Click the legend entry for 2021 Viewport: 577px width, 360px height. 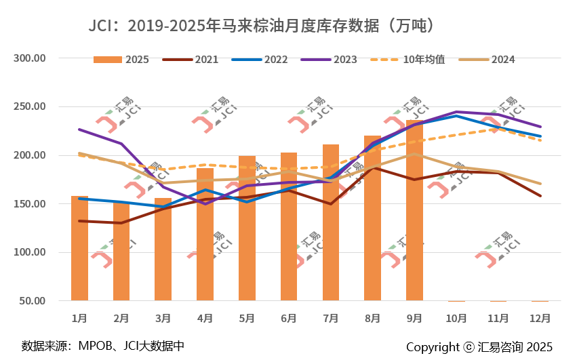click(x=192, y=60)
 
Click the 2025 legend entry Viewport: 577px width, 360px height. click(x=122, y=60)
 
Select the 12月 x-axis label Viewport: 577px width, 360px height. click(x=540, y=317)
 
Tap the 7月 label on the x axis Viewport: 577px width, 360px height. click(x=331, y=317)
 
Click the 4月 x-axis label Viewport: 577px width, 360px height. click(x=205, y=317)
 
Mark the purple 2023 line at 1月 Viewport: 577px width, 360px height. click(x=79, y=129)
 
